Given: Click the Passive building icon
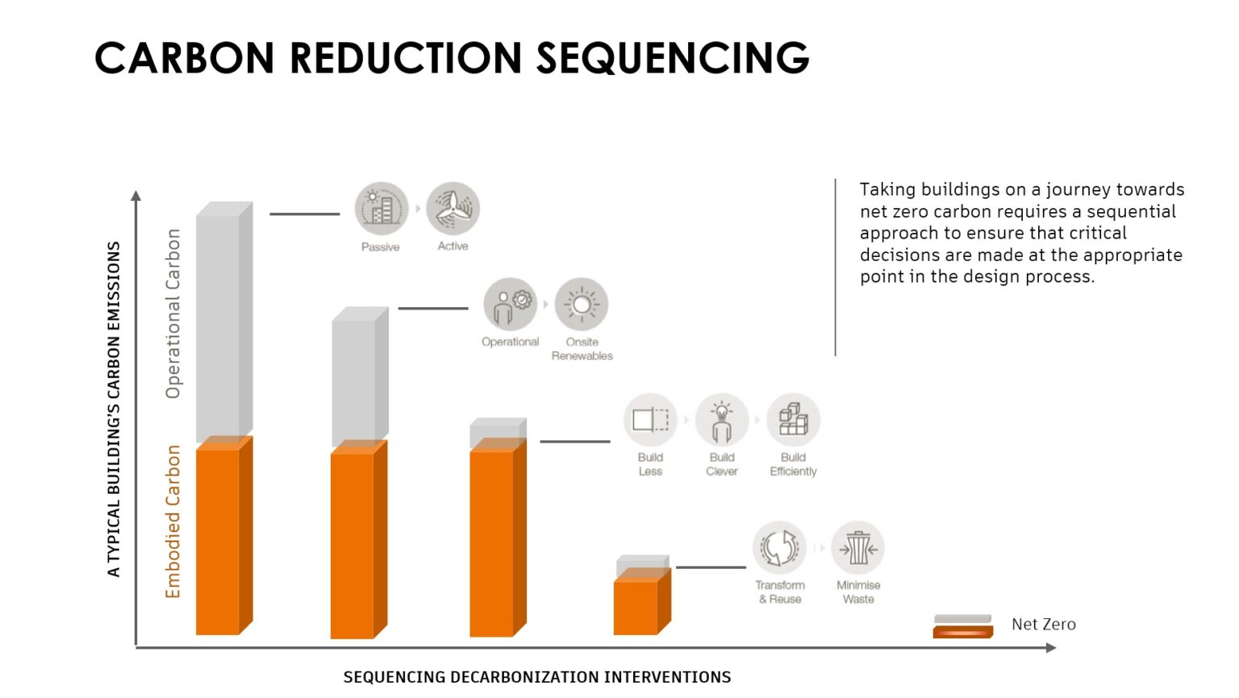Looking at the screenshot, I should pos(381,209).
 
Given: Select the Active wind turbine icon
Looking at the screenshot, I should pos(453,208).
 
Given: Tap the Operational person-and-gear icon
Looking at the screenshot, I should pos(510,305).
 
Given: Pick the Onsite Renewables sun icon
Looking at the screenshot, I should pos(582,305).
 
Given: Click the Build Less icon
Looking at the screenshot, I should pos(650,420).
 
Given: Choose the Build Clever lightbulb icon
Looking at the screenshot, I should pos(722,420).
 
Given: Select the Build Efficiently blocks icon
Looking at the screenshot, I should pos(793,420).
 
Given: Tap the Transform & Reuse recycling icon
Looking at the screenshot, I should pos(779,548).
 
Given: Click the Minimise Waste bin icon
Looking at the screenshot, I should pos(858,548).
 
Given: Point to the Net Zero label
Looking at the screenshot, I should pos(1043,625).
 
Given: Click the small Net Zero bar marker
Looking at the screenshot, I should pos(962,626).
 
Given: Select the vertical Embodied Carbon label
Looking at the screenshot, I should pos(173,521).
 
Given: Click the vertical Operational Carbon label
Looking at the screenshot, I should pos(173,314).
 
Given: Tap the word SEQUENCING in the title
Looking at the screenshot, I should pos(673,58).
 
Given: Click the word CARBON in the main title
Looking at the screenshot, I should pos(185,58).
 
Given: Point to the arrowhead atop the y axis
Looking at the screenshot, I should pos(136,195).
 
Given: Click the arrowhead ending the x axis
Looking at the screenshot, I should pos(1050,647).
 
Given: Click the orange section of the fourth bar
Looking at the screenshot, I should pos(637,606).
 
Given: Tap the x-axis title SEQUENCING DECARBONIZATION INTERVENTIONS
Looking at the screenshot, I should pos(537,677).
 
